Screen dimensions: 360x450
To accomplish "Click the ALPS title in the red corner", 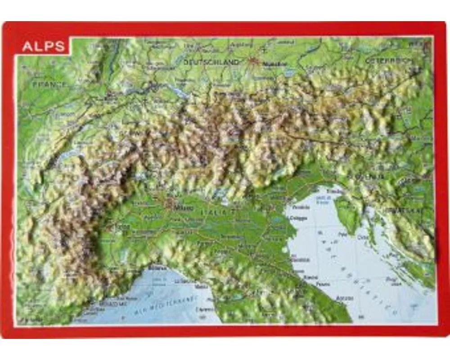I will pyautogui.click(x=44, y=47).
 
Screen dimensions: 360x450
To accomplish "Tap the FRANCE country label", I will pyautogui.click(x=48, y=84).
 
